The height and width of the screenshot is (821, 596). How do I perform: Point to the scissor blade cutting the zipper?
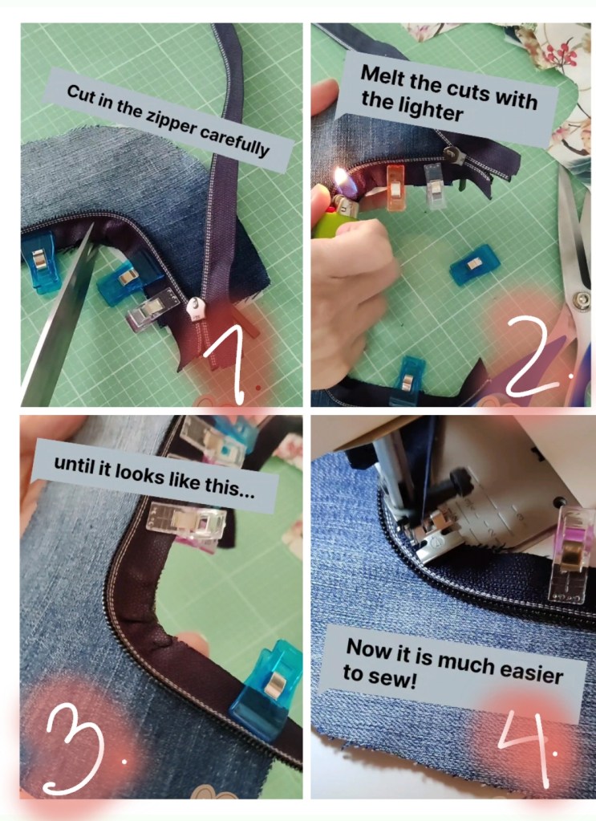pos(58,314)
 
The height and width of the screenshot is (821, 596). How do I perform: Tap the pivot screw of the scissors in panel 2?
pos(580,300)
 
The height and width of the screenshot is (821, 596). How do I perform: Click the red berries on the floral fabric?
pos(557,52)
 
